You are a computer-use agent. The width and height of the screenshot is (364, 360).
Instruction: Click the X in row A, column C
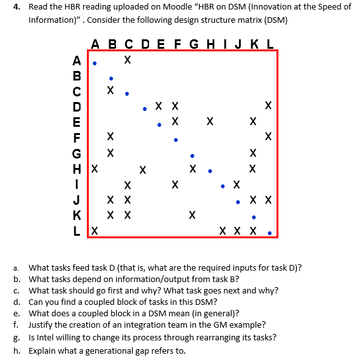coord(127,61)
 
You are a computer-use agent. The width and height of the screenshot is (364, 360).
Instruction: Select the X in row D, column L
coord(269,105)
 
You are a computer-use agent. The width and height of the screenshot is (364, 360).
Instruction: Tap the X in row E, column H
coord(209,120)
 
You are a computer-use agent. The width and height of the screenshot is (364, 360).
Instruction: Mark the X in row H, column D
coord(143,169)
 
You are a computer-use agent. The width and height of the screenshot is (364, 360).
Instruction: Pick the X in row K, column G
coord(192,215)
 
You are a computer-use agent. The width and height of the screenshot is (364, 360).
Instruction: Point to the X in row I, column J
coord(237,185)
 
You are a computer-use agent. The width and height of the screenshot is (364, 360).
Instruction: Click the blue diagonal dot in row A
coord(94,63)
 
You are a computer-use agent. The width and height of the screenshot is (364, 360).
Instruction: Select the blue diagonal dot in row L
coord(270,233)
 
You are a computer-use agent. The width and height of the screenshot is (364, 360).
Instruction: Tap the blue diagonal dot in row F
coord(176,140)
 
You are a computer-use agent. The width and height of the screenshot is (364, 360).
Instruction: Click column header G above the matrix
coord(192,44)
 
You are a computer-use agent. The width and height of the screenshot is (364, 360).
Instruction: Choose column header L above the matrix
coord(270,44)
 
